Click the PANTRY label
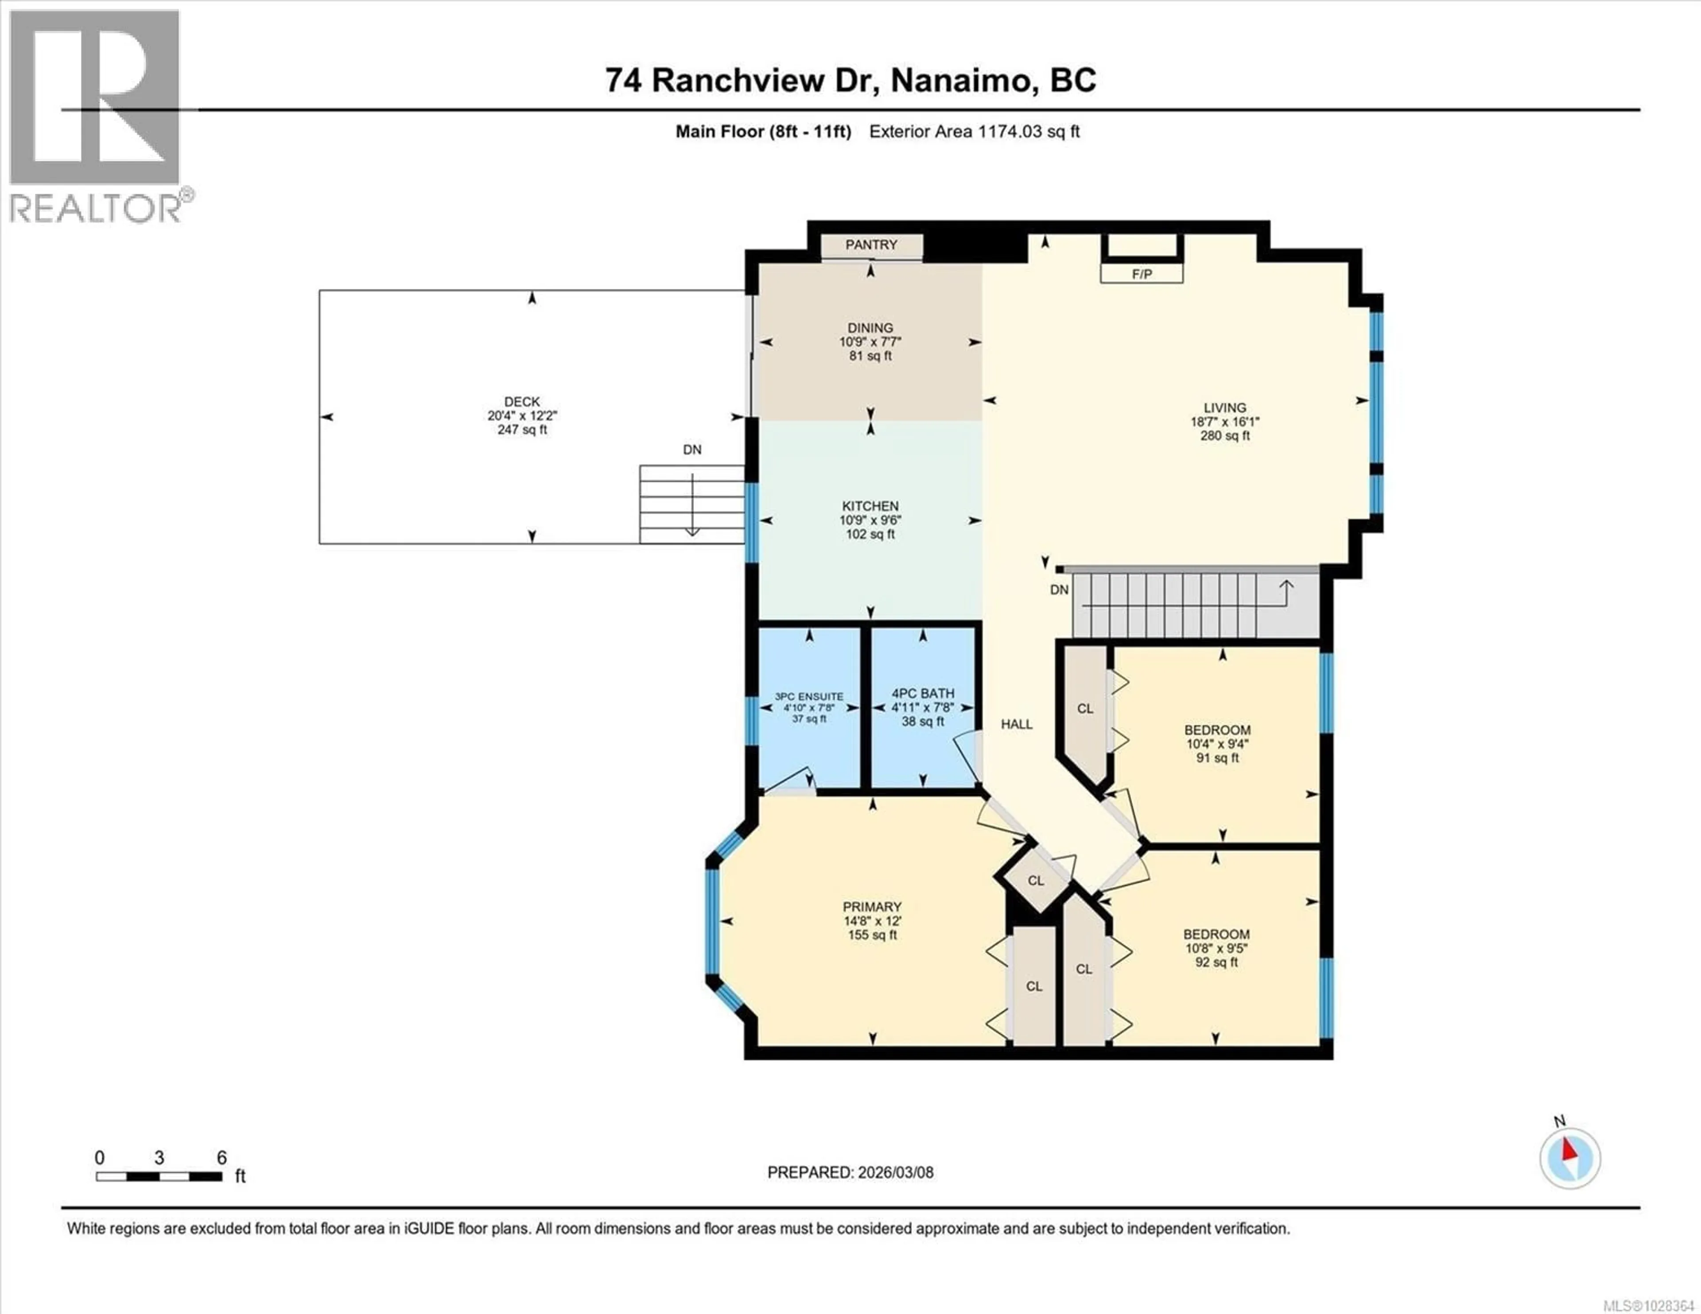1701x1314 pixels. [871, 244]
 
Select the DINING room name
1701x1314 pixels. [870, 328]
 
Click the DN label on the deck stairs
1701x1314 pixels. [691, 450]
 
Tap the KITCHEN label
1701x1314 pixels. [870, 506]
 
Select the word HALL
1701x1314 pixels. [1017, 725]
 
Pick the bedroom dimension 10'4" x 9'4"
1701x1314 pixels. [1217, 744]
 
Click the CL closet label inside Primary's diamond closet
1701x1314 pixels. [1035, 881]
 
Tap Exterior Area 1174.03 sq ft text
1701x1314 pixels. [974, 132]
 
